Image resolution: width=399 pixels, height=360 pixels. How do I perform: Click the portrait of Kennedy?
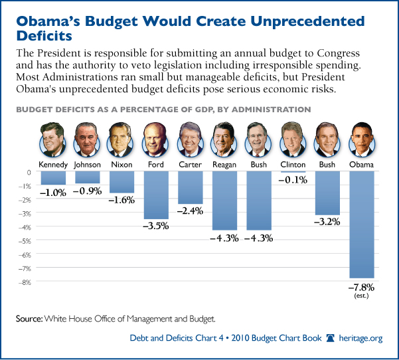[x=53, y=138]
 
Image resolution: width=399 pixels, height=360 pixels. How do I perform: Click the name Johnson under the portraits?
[x=88, y=164]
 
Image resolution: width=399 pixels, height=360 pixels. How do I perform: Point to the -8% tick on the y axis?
[x=25, y=282]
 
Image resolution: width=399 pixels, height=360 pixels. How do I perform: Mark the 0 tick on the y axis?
[x=29, y=172]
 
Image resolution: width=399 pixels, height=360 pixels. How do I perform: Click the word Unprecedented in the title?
[x=297, y=21]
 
